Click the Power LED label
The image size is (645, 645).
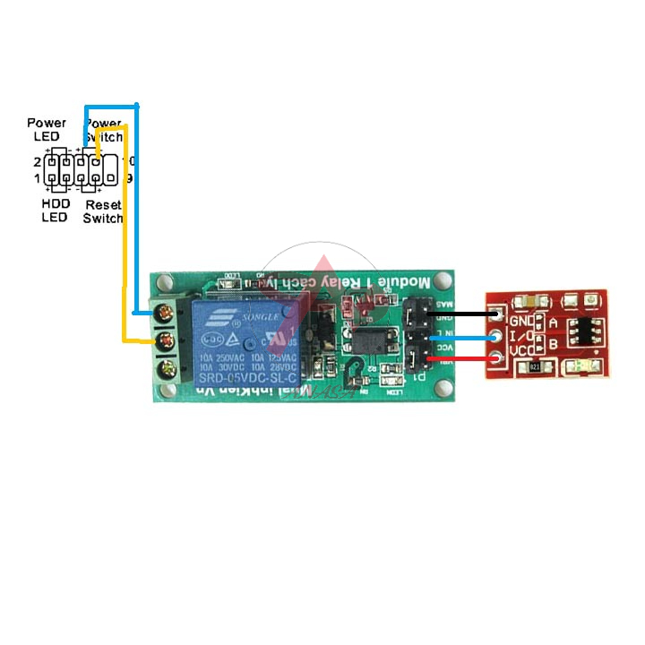pos(47,129)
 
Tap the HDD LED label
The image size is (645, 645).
pos(55,211)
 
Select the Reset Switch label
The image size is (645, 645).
pos(102,211)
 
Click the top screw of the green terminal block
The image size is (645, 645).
pos(164,314)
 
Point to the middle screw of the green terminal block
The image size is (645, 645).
pos(164,341)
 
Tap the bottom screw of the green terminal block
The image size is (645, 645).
pos(164,369)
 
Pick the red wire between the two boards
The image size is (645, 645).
pos(461,359)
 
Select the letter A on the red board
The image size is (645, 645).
pos(553,322)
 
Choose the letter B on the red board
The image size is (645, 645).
pos(553,342)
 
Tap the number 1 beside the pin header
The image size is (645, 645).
pos(38,178)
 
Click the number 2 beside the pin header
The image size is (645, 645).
pos(38,162)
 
